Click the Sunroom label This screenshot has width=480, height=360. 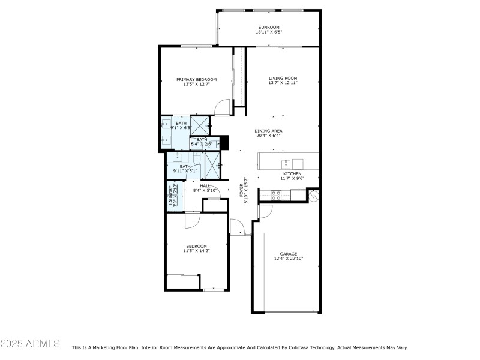[269, 27]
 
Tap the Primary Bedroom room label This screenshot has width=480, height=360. [196, 79]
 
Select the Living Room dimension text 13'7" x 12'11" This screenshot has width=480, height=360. [283, 83]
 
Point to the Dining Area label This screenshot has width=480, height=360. [268, 131]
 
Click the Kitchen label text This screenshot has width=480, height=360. [292, 173]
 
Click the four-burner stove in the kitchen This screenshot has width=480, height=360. [277, 194]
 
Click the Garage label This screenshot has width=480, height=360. [289, 254]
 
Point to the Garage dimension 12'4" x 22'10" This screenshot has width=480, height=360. [289, 259]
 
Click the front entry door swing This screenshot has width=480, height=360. [237, 227]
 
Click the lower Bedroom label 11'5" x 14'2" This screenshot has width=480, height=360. [196, 248]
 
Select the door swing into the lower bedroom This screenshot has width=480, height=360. [192, 220]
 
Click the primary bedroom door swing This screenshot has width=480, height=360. [223, 107]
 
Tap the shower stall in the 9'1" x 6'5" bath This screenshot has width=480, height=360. [199, 125]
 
